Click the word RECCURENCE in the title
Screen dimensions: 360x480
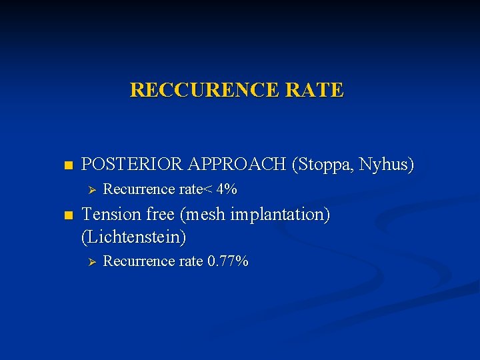(203, 90)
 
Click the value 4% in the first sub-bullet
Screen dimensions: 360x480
(226, 189)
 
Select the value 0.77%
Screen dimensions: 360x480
(228, 261)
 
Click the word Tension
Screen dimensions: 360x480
(108, 215)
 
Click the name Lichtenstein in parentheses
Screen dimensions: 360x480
(133, 236)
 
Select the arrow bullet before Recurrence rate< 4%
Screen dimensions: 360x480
(93, 190)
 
